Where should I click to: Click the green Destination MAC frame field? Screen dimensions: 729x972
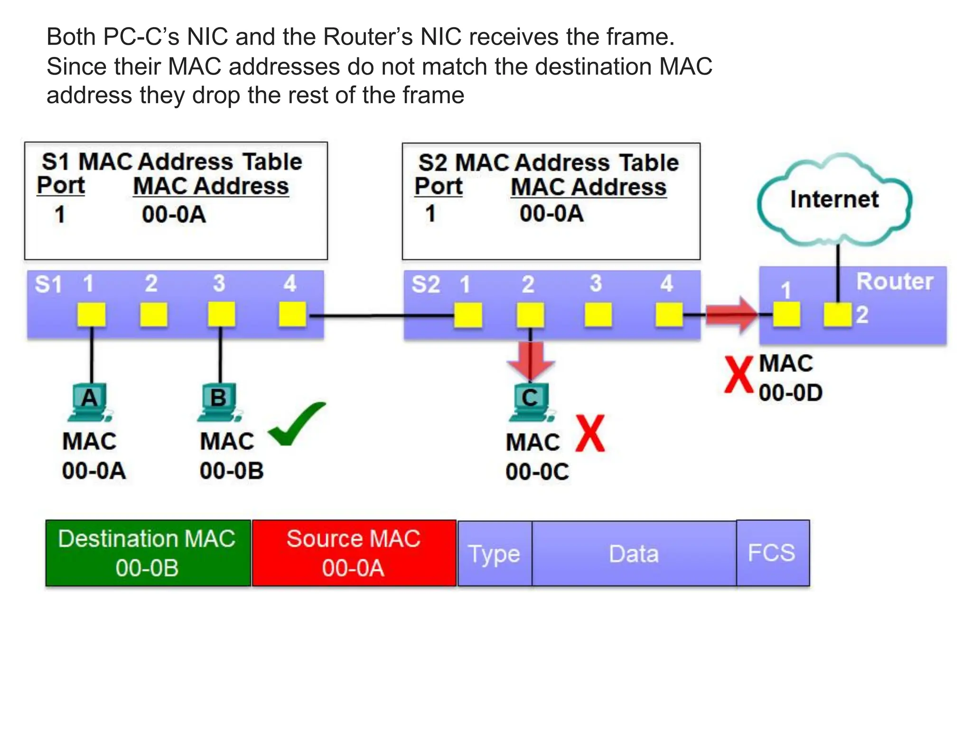pos(148,553)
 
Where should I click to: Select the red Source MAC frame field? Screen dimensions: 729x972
pos(354,553)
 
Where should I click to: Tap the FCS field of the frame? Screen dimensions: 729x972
pos(773,553)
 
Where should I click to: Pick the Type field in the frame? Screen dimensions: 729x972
pos(495,554)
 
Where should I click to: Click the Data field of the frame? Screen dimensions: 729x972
pos(634,554)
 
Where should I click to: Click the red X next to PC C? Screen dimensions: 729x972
pos(590,433)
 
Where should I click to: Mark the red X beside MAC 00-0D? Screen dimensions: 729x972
pos(738,375)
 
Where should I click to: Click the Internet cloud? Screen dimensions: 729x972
pos(834,199)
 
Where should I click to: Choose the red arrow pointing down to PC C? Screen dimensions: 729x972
pos(531,361)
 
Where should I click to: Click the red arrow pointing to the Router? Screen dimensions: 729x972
pos(731,314)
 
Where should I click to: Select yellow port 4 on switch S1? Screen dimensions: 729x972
pos(292,314)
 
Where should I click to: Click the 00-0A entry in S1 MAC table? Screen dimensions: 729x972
pos(174,215)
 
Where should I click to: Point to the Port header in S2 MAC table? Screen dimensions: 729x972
pos(438,186)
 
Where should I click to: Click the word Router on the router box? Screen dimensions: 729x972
pos(894,282)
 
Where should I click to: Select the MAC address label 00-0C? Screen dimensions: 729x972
pos(537,472)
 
